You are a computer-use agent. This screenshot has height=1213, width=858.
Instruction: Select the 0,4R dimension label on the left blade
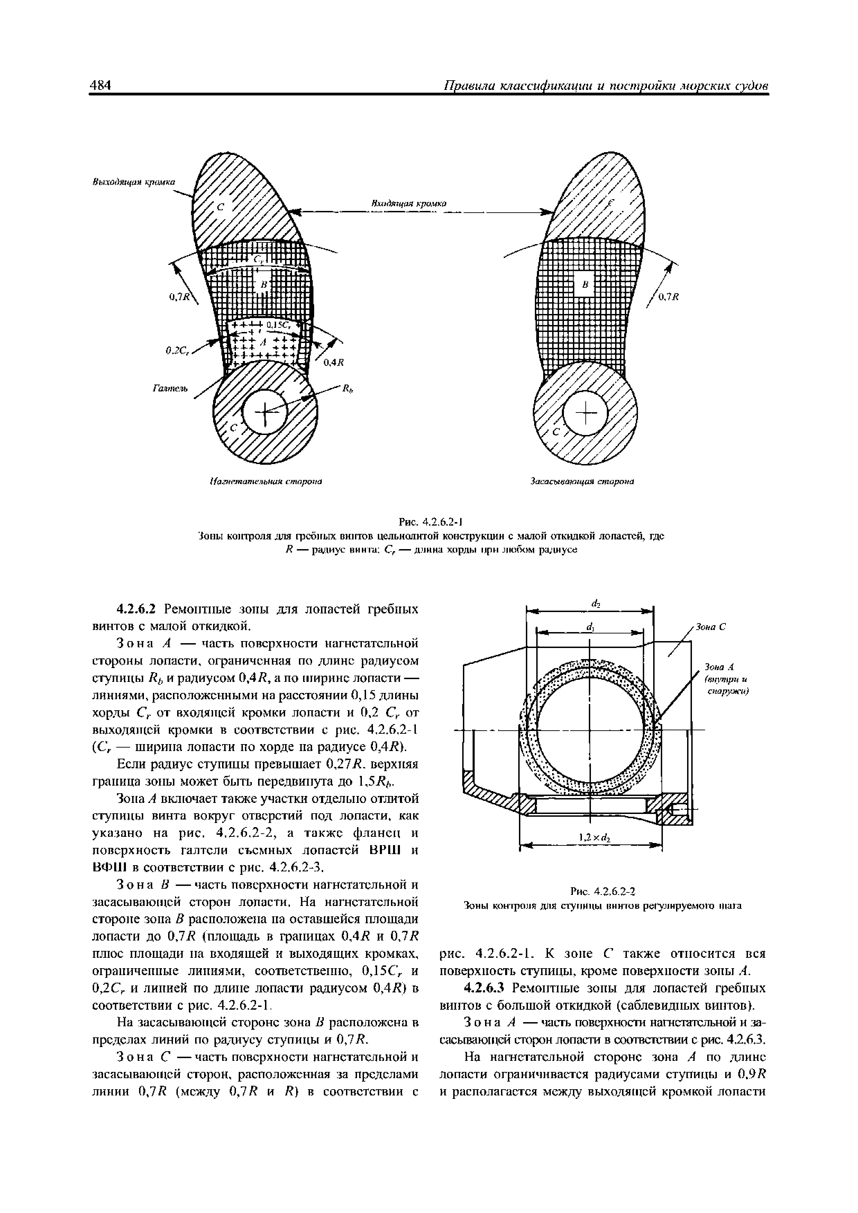(334, 362)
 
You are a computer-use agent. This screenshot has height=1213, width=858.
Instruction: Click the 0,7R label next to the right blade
(668, 297)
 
